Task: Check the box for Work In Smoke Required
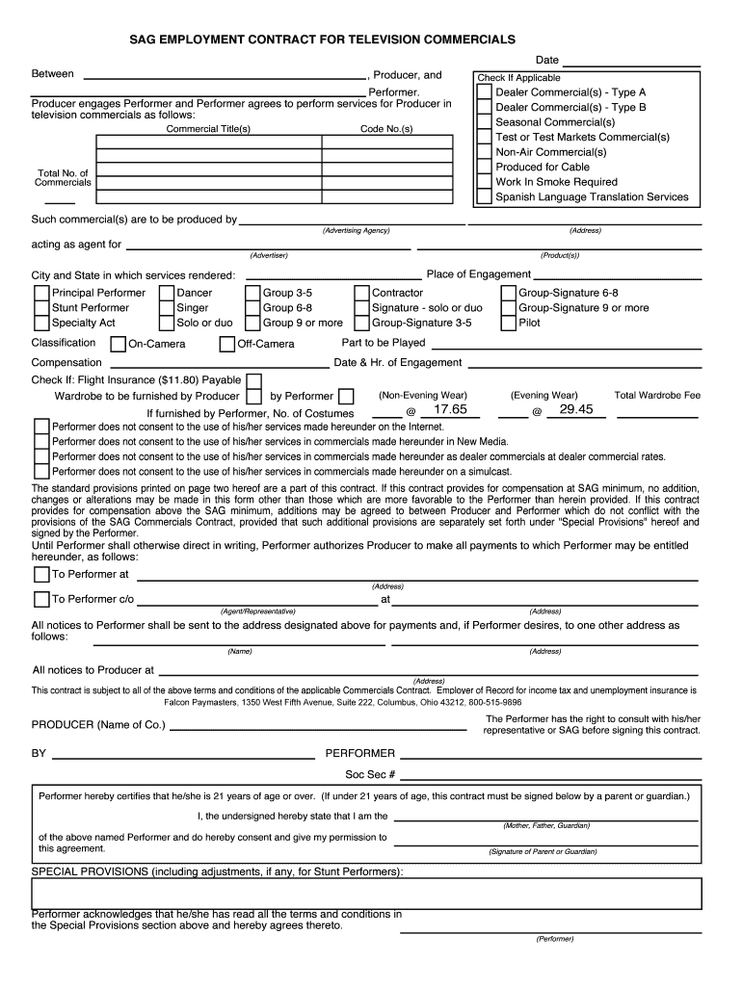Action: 485,182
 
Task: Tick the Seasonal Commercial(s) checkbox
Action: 485,122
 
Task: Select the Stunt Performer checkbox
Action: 41,308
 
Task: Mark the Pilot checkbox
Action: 508,324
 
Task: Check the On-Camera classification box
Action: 119,345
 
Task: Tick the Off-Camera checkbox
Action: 227,345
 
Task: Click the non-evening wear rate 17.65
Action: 450,410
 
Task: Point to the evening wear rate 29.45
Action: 575,410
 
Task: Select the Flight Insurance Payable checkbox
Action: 254,380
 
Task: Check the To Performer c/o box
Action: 41,599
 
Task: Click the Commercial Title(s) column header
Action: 208,129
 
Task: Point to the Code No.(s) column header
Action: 386,129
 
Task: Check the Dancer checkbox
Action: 167,294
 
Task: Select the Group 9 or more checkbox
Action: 252,324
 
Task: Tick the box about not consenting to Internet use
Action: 41,427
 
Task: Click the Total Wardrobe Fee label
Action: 657,395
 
